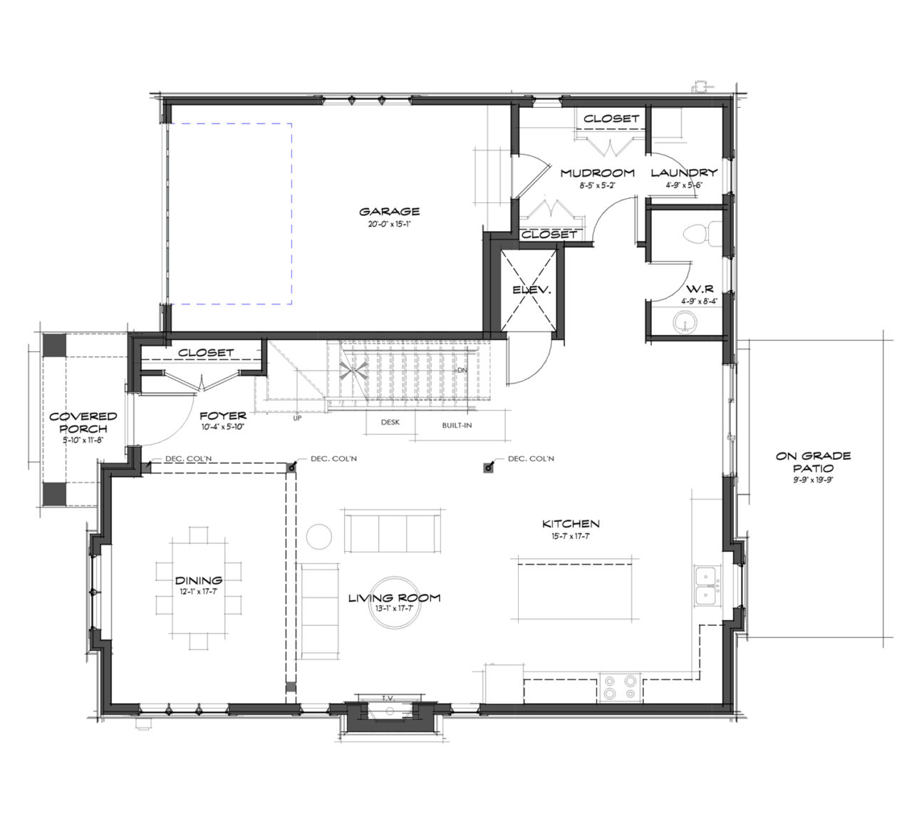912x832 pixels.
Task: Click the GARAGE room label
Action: (x=389, y=211)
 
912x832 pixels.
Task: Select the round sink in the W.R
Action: (x=686, y=323)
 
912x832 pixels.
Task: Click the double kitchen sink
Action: (x=706, y=585)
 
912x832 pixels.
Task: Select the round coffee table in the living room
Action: (x=394, y=603)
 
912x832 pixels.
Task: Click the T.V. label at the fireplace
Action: (x=388, y=698)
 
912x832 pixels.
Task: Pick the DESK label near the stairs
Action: (x=390, y=422)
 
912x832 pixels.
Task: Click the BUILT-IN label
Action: (x=457, y=426)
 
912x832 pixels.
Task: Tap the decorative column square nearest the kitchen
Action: (x=489, y=468)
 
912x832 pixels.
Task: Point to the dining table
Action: (x=199, y=587)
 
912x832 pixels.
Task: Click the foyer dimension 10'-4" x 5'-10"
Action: (x=222, y=428)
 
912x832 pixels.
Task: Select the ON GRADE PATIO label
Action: (x=813, y=462)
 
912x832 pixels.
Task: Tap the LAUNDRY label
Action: (x=684, y=173)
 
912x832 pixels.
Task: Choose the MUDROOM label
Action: (x=597, y=173)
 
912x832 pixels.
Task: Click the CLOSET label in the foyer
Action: (x=206, y=352)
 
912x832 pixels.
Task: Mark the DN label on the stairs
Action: (x=462, y=371)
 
